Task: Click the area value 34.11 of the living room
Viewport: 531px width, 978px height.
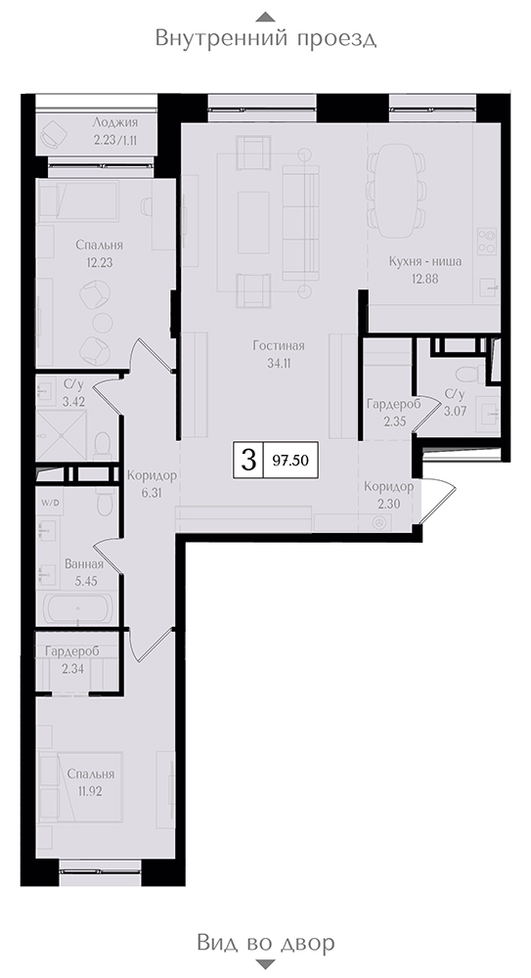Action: pyautogui.click(x=279, y=365)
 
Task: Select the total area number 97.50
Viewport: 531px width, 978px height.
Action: pyautogui.click(x=289, y=461)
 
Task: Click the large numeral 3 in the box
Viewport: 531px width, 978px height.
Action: pyautogui.click(x=248, y=461)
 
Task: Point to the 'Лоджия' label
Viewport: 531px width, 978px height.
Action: pyautogui.click(x=114, y=123)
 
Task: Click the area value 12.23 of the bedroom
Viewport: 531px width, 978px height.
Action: pyautogui.click(x=99, y=262)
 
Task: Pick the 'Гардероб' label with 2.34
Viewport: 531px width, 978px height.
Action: pyautogui.click(x=71, y=652)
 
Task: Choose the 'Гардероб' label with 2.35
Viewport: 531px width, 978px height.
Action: pyautogui.click(x=394, y=405)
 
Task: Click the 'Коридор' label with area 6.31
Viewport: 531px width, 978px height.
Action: pyautogui.click(x=152, y=476)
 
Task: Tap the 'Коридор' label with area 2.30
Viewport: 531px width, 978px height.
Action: pyautogui.click(x=389, y=486)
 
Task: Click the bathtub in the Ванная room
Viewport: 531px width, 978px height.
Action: pyautogui.click(x=77, y=608)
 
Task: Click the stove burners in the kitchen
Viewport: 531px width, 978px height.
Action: pyautogui.click(x=487, y=241)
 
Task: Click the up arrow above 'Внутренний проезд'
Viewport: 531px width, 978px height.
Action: pyautogui.click(x=266, y=17)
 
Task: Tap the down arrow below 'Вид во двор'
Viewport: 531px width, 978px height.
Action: pyautogui.click(x=266, y=965)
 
